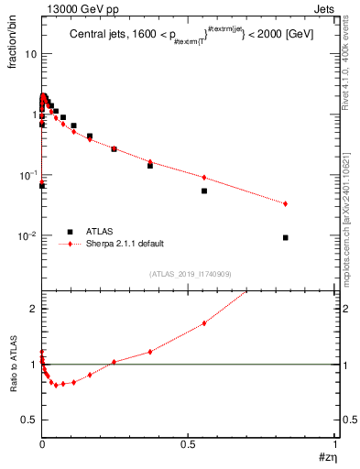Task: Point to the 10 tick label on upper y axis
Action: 30,54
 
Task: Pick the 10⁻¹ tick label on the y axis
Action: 27,175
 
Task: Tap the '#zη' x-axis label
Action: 324,458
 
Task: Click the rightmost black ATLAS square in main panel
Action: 286,237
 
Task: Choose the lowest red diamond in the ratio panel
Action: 56,385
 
